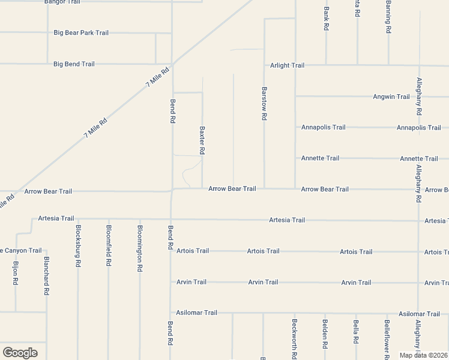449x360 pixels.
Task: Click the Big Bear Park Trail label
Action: (81, 32)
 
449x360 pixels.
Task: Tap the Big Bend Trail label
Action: (74, 64)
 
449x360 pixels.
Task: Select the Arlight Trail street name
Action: (287, 65)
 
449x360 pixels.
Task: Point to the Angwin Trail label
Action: (391, 97)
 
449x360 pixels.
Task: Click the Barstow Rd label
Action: (264, 104)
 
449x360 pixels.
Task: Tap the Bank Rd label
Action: (326, 18)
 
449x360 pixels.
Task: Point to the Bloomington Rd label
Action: (140, 249)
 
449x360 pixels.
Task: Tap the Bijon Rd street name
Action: (16, 273)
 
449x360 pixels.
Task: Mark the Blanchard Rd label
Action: (46, 276)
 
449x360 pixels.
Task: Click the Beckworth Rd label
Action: (294, 337)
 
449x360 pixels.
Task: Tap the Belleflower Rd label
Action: (387, 340)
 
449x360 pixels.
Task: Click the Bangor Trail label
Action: (62, 2)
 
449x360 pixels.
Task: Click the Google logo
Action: (20, 353)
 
